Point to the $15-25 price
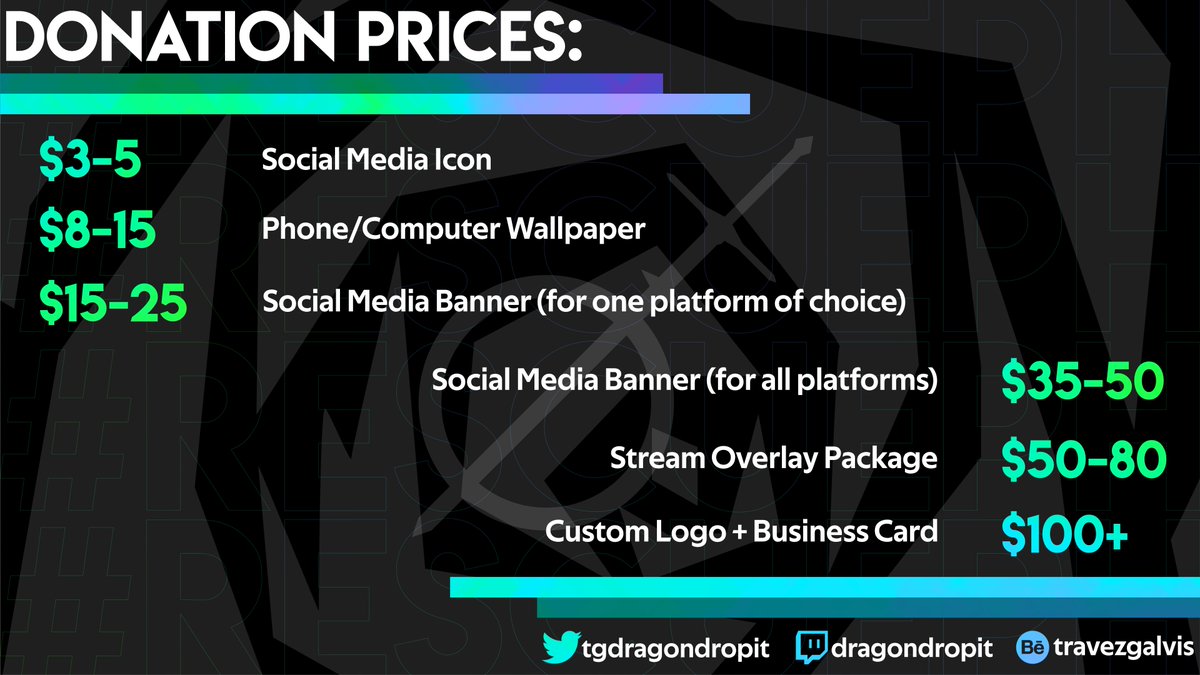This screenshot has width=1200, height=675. coord(112,301)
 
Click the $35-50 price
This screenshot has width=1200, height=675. coord(1081,381)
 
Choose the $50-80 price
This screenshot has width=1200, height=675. coord(1083,459)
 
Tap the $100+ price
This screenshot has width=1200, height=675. coord(1065,533)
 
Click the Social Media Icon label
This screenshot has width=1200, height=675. coord(376,160)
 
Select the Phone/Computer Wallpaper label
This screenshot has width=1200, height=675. coord(453,230)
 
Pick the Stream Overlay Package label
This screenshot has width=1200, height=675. coord(773,458)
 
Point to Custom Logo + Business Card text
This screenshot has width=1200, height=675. coord(741,531)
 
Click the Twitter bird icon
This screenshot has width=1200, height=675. coord(559,647)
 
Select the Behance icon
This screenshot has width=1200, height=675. coord(1030,648)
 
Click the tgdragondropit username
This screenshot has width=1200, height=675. coord(675,648)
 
